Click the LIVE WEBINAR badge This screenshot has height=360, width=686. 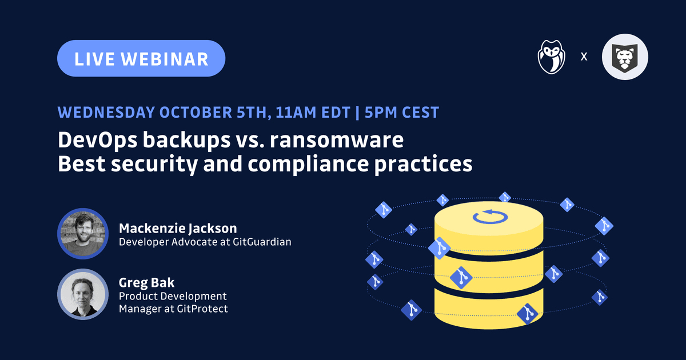(x=141, y=58)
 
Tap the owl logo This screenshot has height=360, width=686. (x=551, y=57)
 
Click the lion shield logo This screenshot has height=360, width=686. (x=625, y=57)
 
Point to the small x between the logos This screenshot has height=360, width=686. (x=584, y=57)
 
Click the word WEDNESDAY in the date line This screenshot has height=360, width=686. (x=106, y=113)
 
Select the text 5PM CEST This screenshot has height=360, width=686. (x=402, y=113)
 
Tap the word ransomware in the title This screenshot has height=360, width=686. (x=337, y=140)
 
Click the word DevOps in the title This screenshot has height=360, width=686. (x=97, y=141)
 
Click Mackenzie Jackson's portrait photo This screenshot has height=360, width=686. (x=83, y=234)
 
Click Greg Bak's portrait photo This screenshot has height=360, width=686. (x=83, y=294)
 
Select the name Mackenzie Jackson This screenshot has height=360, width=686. (x=178, y=229)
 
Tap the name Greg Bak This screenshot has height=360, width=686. (x=146, y=283)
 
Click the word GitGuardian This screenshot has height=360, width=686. (x=262, y=242)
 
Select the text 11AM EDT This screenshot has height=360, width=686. (x=313, y=113)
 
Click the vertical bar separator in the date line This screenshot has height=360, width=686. (x=357, y=113)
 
